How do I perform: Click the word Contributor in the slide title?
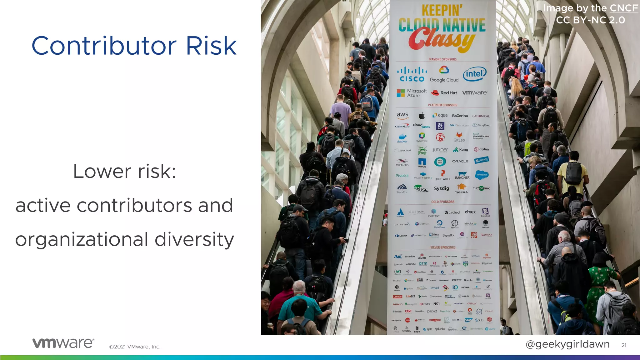click(104, 46)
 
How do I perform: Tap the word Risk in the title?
click(211, 46)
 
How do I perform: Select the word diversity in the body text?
click(194, 240)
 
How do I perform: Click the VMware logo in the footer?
click(63, 343)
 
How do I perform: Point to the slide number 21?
click(624, 345)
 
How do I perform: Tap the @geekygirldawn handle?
click(567, 344)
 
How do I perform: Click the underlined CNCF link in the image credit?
click(624, 8)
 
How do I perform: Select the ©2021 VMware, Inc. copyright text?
click(135, 347)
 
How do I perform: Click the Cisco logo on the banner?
click(412, 74)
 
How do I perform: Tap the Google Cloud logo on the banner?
click(444, 74)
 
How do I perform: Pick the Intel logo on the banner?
click(475, 74)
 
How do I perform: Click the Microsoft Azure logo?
click(412, 93)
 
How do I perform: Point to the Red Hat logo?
click(444, 92)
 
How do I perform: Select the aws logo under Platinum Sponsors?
click(402, 115)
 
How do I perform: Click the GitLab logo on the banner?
click(459, 137)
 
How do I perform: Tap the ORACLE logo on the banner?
click(460, 161)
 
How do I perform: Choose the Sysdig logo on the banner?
click(441, 188)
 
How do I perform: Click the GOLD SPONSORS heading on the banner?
click(443, 202)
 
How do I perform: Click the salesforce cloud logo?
click(482, 175)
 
